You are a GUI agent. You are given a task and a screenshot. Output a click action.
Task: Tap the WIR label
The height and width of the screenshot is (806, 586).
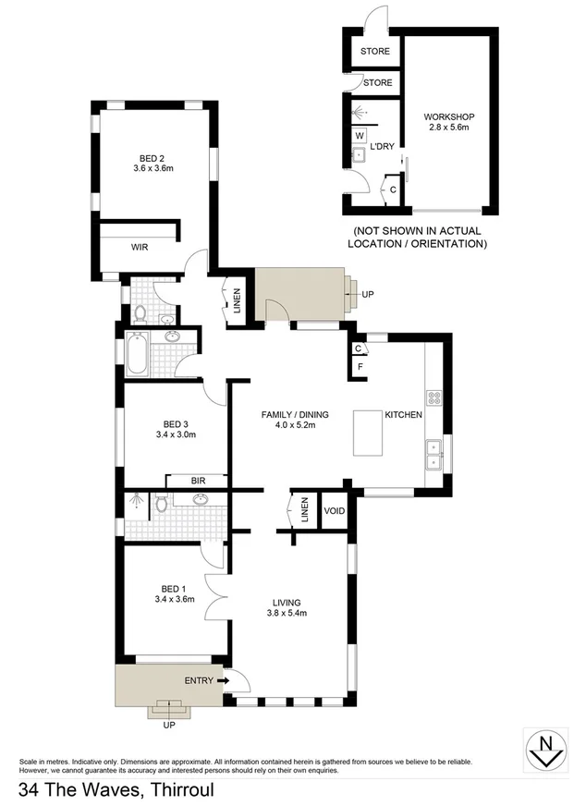140,248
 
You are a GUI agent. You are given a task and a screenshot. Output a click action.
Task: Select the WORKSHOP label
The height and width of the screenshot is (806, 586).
449,116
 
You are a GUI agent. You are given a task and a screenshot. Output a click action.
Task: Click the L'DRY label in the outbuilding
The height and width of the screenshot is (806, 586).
383,147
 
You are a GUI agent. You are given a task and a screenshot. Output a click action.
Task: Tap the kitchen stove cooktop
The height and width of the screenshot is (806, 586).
433,399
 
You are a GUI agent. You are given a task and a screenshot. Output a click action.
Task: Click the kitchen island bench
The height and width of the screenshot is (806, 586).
368,433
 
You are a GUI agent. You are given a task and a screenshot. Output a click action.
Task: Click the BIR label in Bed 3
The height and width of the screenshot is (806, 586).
197,481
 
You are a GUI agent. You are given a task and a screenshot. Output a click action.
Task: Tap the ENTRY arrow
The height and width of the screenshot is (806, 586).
224,680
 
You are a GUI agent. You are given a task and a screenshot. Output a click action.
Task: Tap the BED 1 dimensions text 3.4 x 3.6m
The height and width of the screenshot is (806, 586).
173,600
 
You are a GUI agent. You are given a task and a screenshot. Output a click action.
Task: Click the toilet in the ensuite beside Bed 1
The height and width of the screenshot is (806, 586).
162,504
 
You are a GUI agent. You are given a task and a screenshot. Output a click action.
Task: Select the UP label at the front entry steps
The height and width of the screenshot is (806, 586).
168,726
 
